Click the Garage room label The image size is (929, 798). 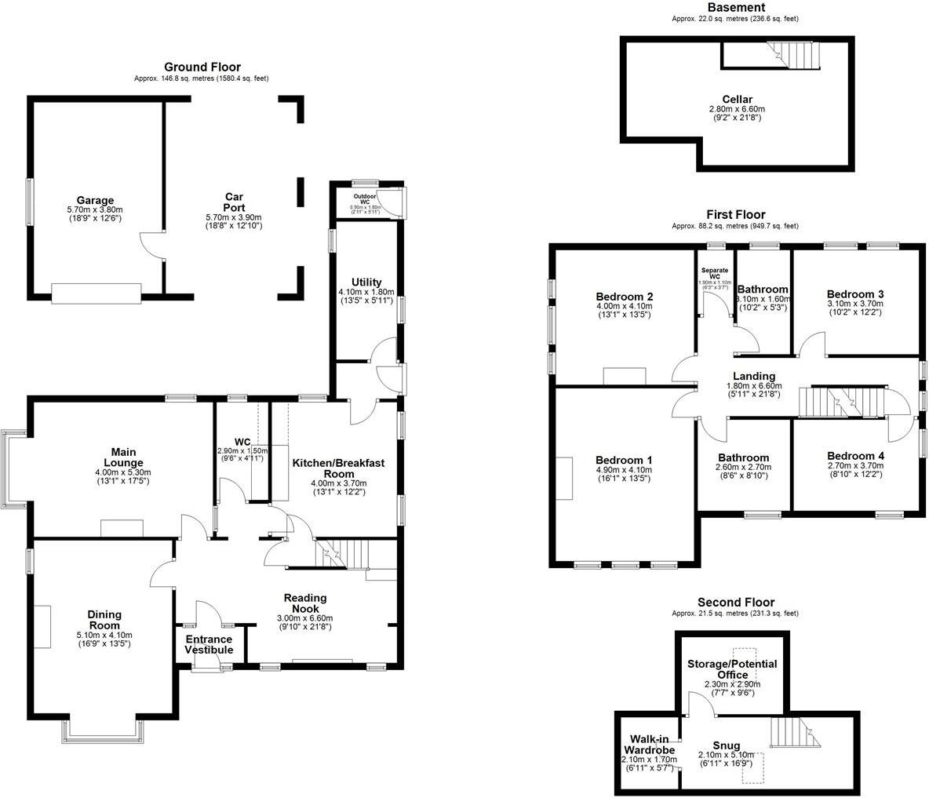(x=95, y=200)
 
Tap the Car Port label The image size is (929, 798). (x=234, y=202)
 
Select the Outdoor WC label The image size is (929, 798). (x=365, y=197)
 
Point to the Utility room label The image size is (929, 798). (x=366, y=282)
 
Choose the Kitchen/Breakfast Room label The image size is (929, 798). (x=338, y=468)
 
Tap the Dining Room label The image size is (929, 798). (x=104, y=621)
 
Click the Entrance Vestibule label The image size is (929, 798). (x=209, y=644)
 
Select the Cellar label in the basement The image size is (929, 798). (x=737, y=100)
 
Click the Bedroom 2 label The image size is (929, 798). (x=625, y=297)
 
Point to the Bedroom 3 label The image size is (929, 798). (x=855, y=294)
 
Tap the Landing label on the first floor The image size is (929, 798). (x=753, y=377)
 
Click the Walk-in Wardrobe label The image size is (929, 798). (x=647, y=745)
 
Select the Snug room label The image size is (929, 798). (x=725, y=745)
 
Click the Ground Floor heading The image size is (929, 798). (x=202, y=67)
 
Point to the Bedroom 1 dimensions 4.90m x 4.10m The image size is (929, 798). (x=624, y=470)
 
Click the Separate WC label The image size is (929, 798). (x=715, y=273)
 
